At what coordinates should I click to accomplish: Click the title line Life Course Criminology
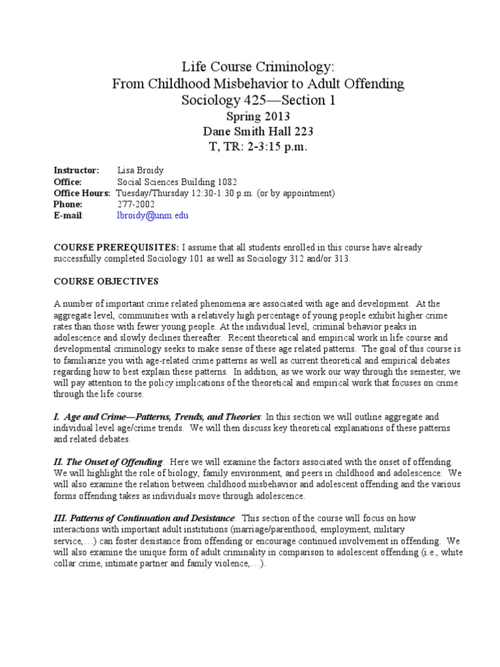[249, 66]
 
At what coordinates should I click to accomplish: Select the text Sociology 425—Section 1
[249, 100]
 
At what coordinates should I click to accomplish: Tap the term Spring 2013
[249, 117]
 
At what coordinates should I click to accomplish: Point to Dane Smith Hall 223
[249, 132]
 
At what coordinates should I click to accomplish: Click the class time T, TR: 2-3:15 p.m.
[249, 147]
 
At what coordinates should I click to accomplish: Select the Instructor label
[76, 171]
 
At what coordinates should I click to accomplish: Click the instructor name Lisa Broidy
[140, 171]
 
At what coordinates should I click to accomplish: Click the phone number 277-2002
[135, 204]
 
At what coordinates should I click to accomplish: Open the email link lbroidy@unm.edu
[152, 215]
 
